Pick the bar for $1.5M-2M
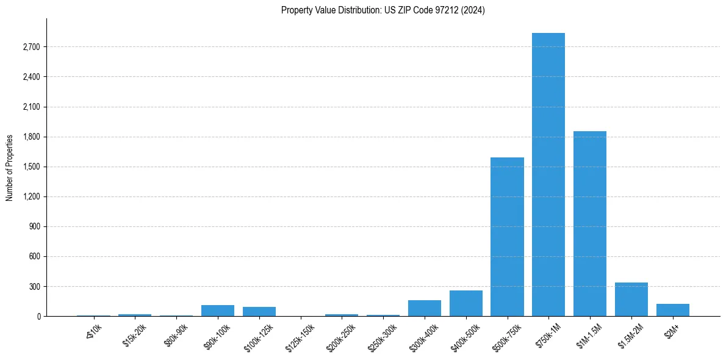[x=631, y=300]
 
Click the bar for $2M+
[x=672, y=310]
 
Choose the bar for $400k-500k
[x=465, y=303]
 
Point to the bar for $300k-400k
[x=424, y=308]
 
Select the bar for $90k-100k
[x=217, y=311]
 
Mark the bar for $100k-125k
[x=259, y=311]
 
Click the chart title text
[x=383, y=10]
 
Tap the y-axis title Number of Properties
[x=10, y=167]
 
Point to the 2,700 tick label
[x=31, y=47]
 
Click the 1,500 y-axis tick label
[x=31, y=167]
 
